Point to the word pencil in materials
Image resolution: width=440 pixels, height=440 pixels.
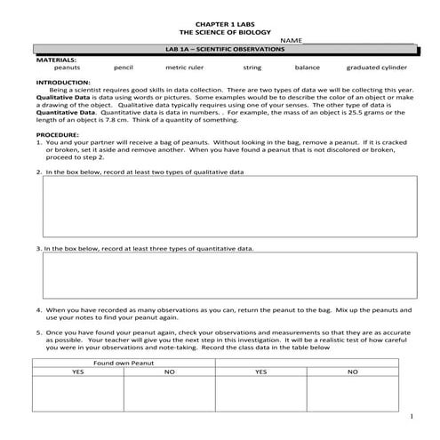pyautogui.click(x=124, y=67)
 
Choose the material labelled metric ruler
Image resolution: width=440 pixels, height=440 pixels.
pyautogui.click(x=185, y=67)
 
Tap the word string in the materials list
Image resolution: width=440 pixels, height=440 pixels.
pyautogui.click(x=252, y=67)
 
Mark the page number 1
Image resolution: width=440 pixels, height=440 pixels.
pyautogui.click(x=412, y=417)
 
